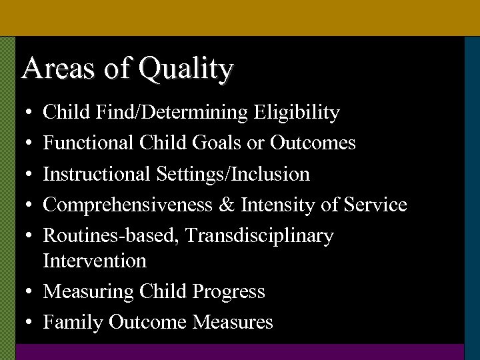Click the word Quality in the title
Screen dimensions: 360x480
pyautogui.click(x=186, y=69)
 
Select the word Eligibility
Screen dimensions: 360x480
pyautogui.click(x=297, y=113)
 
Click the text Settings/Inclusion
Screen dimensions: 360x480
pyautogui.click(x=233, y=175)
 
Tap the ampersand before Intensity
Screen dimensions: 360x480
pyautogui.click(x=227, y=205)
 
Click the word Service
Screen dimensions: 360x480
pyautogui.click(x=375, y=205)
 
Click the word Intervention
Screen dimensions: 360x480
pyautogui.click(x=95, y=261)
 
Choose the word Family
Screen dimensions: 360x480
pyautogui.click(x=73, y=323)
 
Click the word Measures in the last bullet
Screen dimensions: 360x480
pyautogui.click(x=233, y=323)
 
